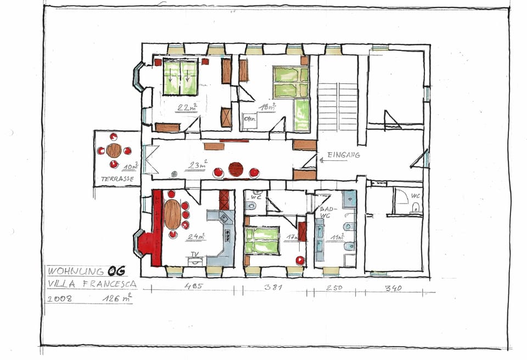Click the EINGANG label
(344, 155)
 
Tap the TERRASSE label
(114, 179)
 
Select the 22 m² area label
(187, 108)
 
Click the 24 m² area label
(196, 237)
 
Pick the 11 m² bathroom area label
(337, 238)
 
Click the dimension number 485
(193, 286)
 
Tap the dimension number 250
(334, 288)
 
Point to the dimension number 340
(393, 288)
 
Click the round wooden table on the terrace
(114, 150)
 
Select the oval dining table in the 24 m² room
(172, 214)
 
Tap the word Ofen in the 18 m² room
(250, 117)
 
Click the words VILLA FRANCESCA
(91, 284)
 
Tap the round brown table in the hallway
(236, 169)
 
